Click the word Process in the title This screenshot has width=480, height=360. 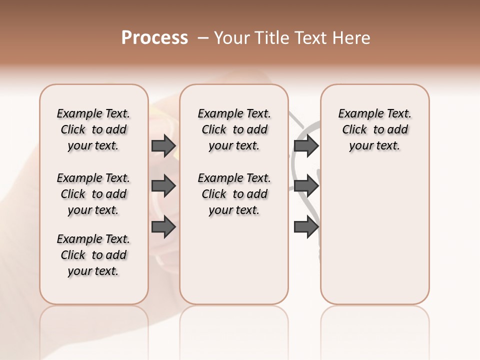click(x=154, y=38)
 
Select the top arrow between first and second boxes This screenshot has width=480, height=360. click(x=163, y=146)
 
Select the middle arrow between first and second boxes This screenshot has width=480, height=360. click(x=163, y=186)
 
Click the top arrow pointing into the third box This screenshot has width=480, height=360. click(x=306, y=146)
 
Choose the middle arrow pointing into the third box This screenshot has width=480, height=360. click(x=306, y=186)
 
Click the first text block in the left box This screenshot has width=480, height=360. click(x=93, y=129)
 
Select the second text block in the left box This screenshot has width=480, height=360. click(x=93, y=194)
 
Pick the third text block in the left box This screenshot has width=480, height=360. click(x=93, y=255)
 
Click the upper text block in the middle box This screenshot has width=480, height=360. click(x=234, y=129)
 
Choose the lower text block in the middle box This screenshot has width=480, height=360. click(x=234, y=194)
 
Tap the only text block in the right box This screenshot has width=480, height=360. click(x=374, y=129)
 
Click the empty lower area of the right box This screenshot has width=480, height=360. click(x=374, y=235)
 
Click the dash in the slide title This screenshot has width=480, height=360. click(x=203, y=38)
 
